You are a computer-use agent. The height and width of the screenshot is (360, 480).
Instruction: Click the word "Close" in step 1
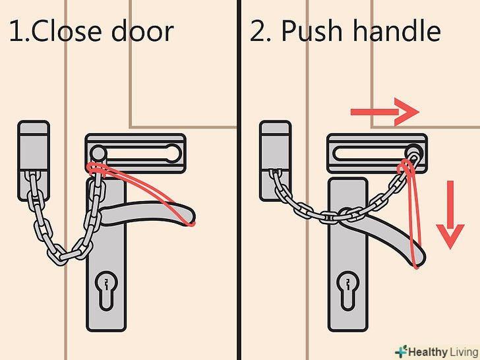point(66,30)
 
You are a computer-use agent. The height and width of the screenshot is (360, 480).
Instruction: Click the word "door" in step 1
point(142,30)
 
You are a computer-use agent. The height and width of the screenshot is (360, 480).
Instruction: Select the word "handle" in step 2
point(397,30)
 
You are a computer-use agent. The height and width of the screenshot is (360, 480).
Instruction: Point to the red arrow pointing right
point(385,112)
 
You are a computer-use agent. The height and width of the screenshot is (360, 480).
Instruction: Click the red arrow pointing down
point(450,214)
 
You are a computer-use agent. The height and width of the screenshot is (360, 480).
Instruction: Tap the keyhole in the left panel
point(106,290)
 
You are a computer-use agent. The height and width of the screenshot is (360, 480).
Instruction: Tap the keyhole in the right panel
point(347,290)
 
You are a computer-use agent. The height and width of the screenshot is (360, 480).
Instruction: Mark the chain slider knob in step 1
point(98,152)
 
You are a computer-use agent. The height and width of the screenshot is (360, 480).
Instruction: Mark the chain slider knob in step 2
point(415,152)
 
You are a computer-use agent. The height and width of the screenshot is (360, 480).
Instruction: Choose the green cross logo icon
point(401,351)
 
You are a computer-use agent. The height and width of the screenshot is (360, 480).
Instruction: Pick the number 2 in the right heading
point(258,30)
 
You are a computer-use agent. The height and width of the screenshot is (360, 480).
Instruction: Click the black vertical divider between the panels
point(239,180)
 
